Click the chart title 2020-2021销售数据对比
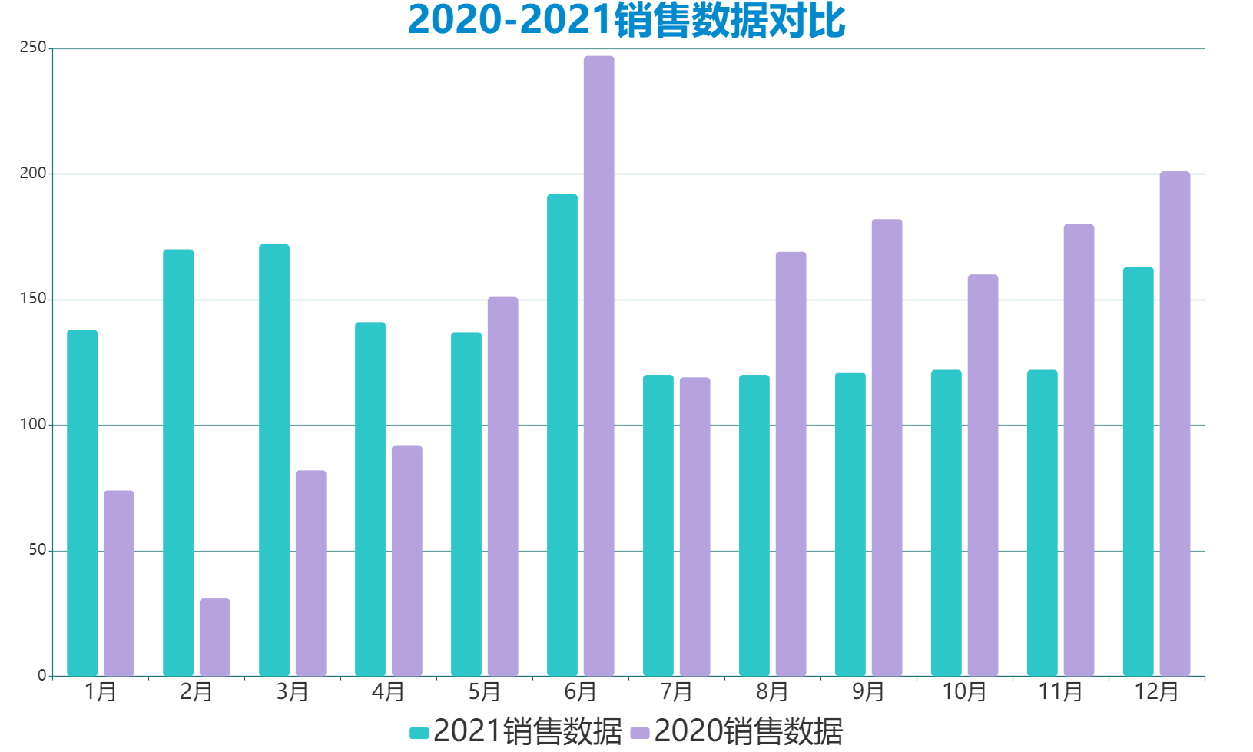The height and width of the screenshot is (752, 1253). [626, 21]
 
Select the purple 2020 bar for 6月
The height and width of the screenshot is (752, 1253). [598, 366]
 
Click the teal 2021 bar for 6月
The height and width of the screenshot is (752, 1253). [562, 435]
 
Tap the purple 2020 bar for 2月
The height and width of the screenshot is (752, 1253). [214, 637]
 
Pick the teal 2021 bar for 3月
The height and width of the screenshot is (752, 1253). [274, 460]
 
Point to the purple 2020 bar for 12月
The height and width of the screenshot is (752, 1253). [1175, 423]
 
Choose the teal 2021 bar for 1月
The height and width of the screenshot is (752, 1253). [82, 502]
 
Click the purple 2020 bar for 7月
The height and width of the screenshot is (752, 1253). [694, 526]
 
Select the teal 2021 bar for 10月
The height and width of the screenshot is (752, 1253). [946, 522]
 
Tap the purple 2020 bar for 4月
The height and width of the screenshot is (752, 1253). [406, 560]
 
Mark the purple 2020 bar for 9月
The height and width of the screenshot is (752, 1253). [887, 447]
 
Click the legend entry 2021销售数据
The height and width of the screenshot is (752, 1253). [516, 731]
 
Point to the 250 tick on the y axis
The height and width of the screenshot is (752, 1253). [33, 48]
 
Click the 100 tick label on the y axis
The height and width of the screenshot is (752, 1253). [33, 425]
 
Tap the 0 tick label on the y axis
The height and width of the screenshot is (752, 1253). [41, 676]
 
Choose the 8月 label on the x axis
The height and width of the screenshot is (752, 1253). [772, 692]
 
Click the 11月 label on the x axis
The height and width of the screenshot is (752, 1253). [1060, 692]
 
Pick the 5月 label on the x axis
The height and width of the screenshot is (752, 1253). [484, 692]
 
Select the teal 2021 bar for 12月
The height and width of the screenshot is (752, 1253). [1138, 471]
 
